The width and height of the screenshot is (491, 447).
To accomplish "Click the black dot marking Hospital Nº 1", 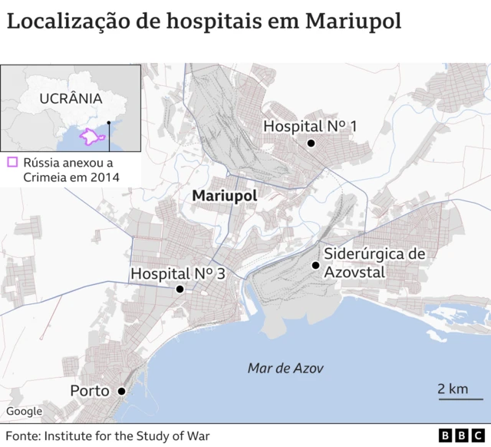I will tap(311, 144).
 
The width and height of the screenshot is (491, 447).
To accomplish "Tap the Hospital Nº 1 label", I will tap(310, 127).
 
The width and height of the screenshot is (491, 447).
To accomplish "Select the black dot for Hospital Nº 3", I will tap(180, 290).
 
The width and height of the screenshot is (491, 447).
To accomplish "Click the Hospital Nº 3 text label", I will tap(176, 273).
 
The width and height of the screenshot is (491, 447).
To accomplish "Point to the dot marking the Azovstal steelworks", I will tap(315, 266).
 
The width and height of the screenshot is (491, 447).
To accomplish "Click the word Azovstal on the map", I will tap(354, 272).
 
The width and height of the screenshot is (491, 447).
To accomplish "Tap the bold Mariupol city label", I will tap(225, 196).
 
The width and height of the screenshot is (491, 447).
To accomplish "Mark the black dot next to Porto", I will tap(121, 391).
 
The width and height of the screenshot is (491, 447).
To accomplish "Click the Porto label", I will tap(89, 391).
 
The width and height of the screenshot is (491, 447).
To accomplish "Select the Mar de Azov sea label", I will tap(285, 369).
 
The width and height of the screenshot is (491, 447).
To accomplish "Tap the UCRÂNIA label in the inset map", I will tap(71, 98).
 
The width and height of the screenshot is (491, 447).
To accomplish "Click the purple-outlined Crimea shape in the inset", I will tap(91, 136).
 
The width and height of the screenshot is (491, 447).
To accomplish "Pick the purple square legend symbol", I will tap(12, 162).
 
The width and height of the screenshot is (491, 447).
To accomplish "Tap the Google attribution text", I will tap(24, 412).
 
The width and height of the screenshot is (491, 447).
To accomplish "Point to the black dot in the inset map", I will tap(109, 122).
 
